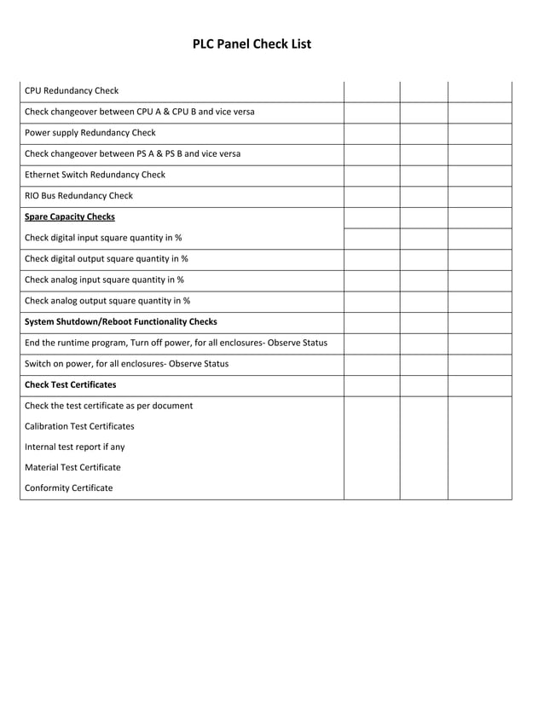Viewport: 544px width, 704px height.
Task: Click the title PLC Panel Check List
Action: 252,44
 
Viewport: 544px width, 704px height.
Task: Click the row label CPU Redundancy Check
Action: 72,91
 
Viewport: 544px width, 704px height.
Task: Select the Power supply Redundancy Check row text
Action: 90,133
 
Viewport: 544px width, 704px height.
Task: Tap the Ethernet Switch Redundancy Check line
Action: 95,175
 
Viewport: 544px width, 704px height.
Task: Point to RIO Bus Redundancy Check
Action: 79,196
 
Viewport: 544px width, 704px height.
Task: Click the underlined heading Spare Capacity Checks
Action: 70,216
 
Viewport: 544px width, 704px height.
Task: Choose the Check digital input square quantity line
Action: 103,238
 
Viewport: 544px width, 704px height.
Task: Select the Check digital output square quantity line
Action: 107,258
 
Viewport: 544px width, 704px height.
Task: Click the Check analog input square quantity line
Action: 104,280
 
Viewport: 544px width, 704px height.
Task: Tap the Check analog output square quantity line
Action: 107,300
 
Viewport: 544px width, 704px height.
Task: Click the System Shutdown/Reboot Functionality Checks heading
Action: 121,321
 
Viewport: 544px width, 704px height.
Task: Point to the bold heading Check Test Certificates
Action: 71,384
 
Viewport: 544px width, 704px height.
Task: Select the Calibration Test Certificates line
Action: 79,426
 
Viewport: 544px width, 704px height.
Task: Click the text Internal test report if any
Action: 75,447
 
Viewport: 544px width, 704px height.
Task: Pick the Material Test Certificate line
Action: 72,467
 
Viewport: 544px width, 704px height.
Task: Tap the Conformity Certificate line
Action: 68,488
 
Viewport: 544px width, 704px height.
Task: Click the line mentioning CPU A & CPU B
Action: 140,112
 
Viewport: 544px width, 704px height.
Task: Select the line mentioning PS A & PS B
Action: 132,154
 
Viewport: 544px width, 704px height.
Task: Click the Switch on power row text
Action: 126,363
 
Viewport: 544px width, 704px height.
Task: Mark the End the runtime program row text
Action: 176,343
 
